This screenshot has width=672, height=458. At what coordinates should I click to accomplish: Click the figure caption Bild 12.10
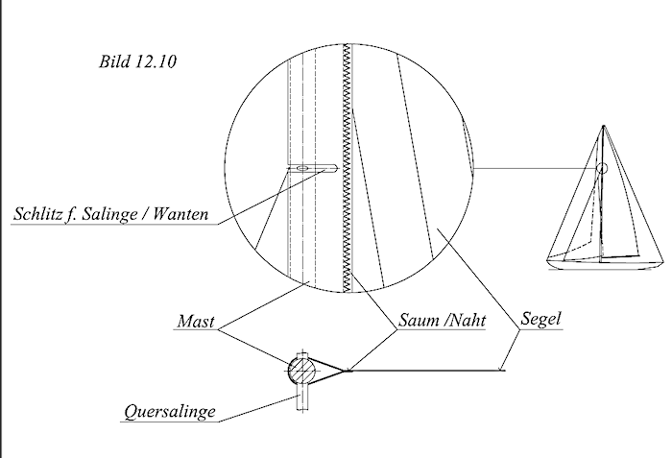pos(137,62)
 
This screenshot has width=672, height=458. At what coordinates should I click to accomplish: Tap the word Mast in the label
pos(196,322)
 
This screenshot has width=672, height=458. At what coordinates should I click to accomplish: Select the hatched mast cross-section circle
pos(300,370)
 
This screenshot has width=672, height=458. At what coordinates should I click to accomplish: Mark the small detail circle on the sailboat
pos(602,169)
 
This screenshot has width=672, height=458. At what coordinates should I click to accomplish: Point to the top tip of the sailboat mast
pos(602,126)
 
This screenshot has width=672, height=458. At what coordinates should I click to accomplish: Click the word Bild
pos(114,62)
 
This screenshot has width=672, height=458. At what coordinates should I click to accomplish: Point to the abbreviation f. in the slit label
pos(78,213)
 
